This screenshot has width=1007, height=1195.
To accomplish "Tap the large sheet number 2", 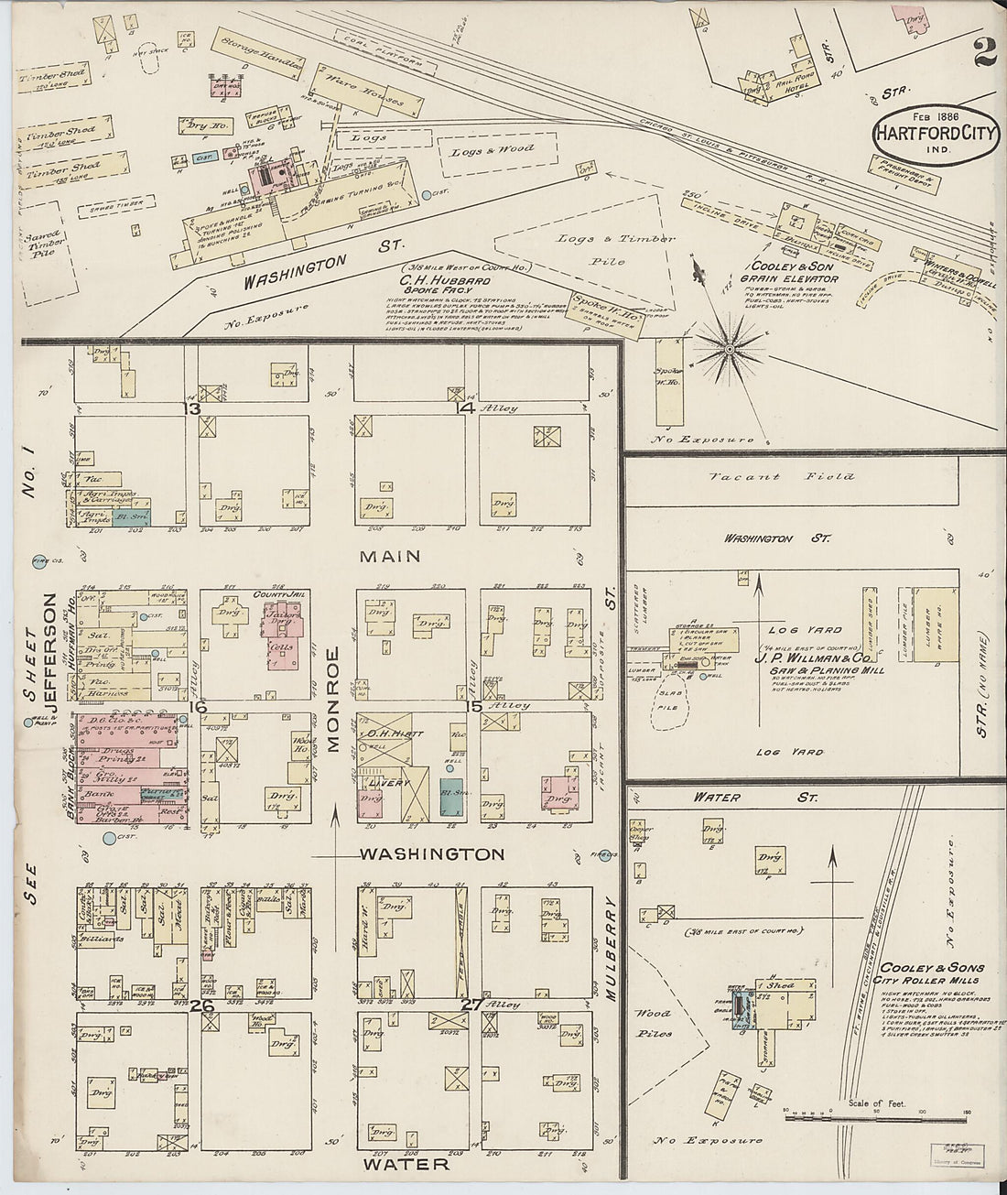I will (985, 53).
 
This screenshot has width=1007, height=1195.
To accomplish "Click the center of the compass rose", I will (730, 349).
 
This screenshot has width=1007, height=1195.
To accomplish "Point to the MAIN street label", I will (389, 556).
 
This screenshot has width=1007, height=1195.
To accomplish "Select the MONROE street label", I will (333, 700).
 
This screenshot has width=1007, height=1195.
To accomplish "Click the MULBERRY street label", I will (612, 947).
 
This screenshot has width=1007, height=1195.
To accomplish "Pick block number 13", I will (191, 408).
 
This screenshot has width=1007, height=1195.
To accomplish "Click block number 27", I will (471, 1005).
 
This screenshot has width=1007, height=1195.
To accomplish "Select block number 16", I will (196, 706).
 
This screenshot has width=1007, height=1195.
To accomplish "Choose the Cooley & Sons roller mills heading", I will (932, 974).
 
